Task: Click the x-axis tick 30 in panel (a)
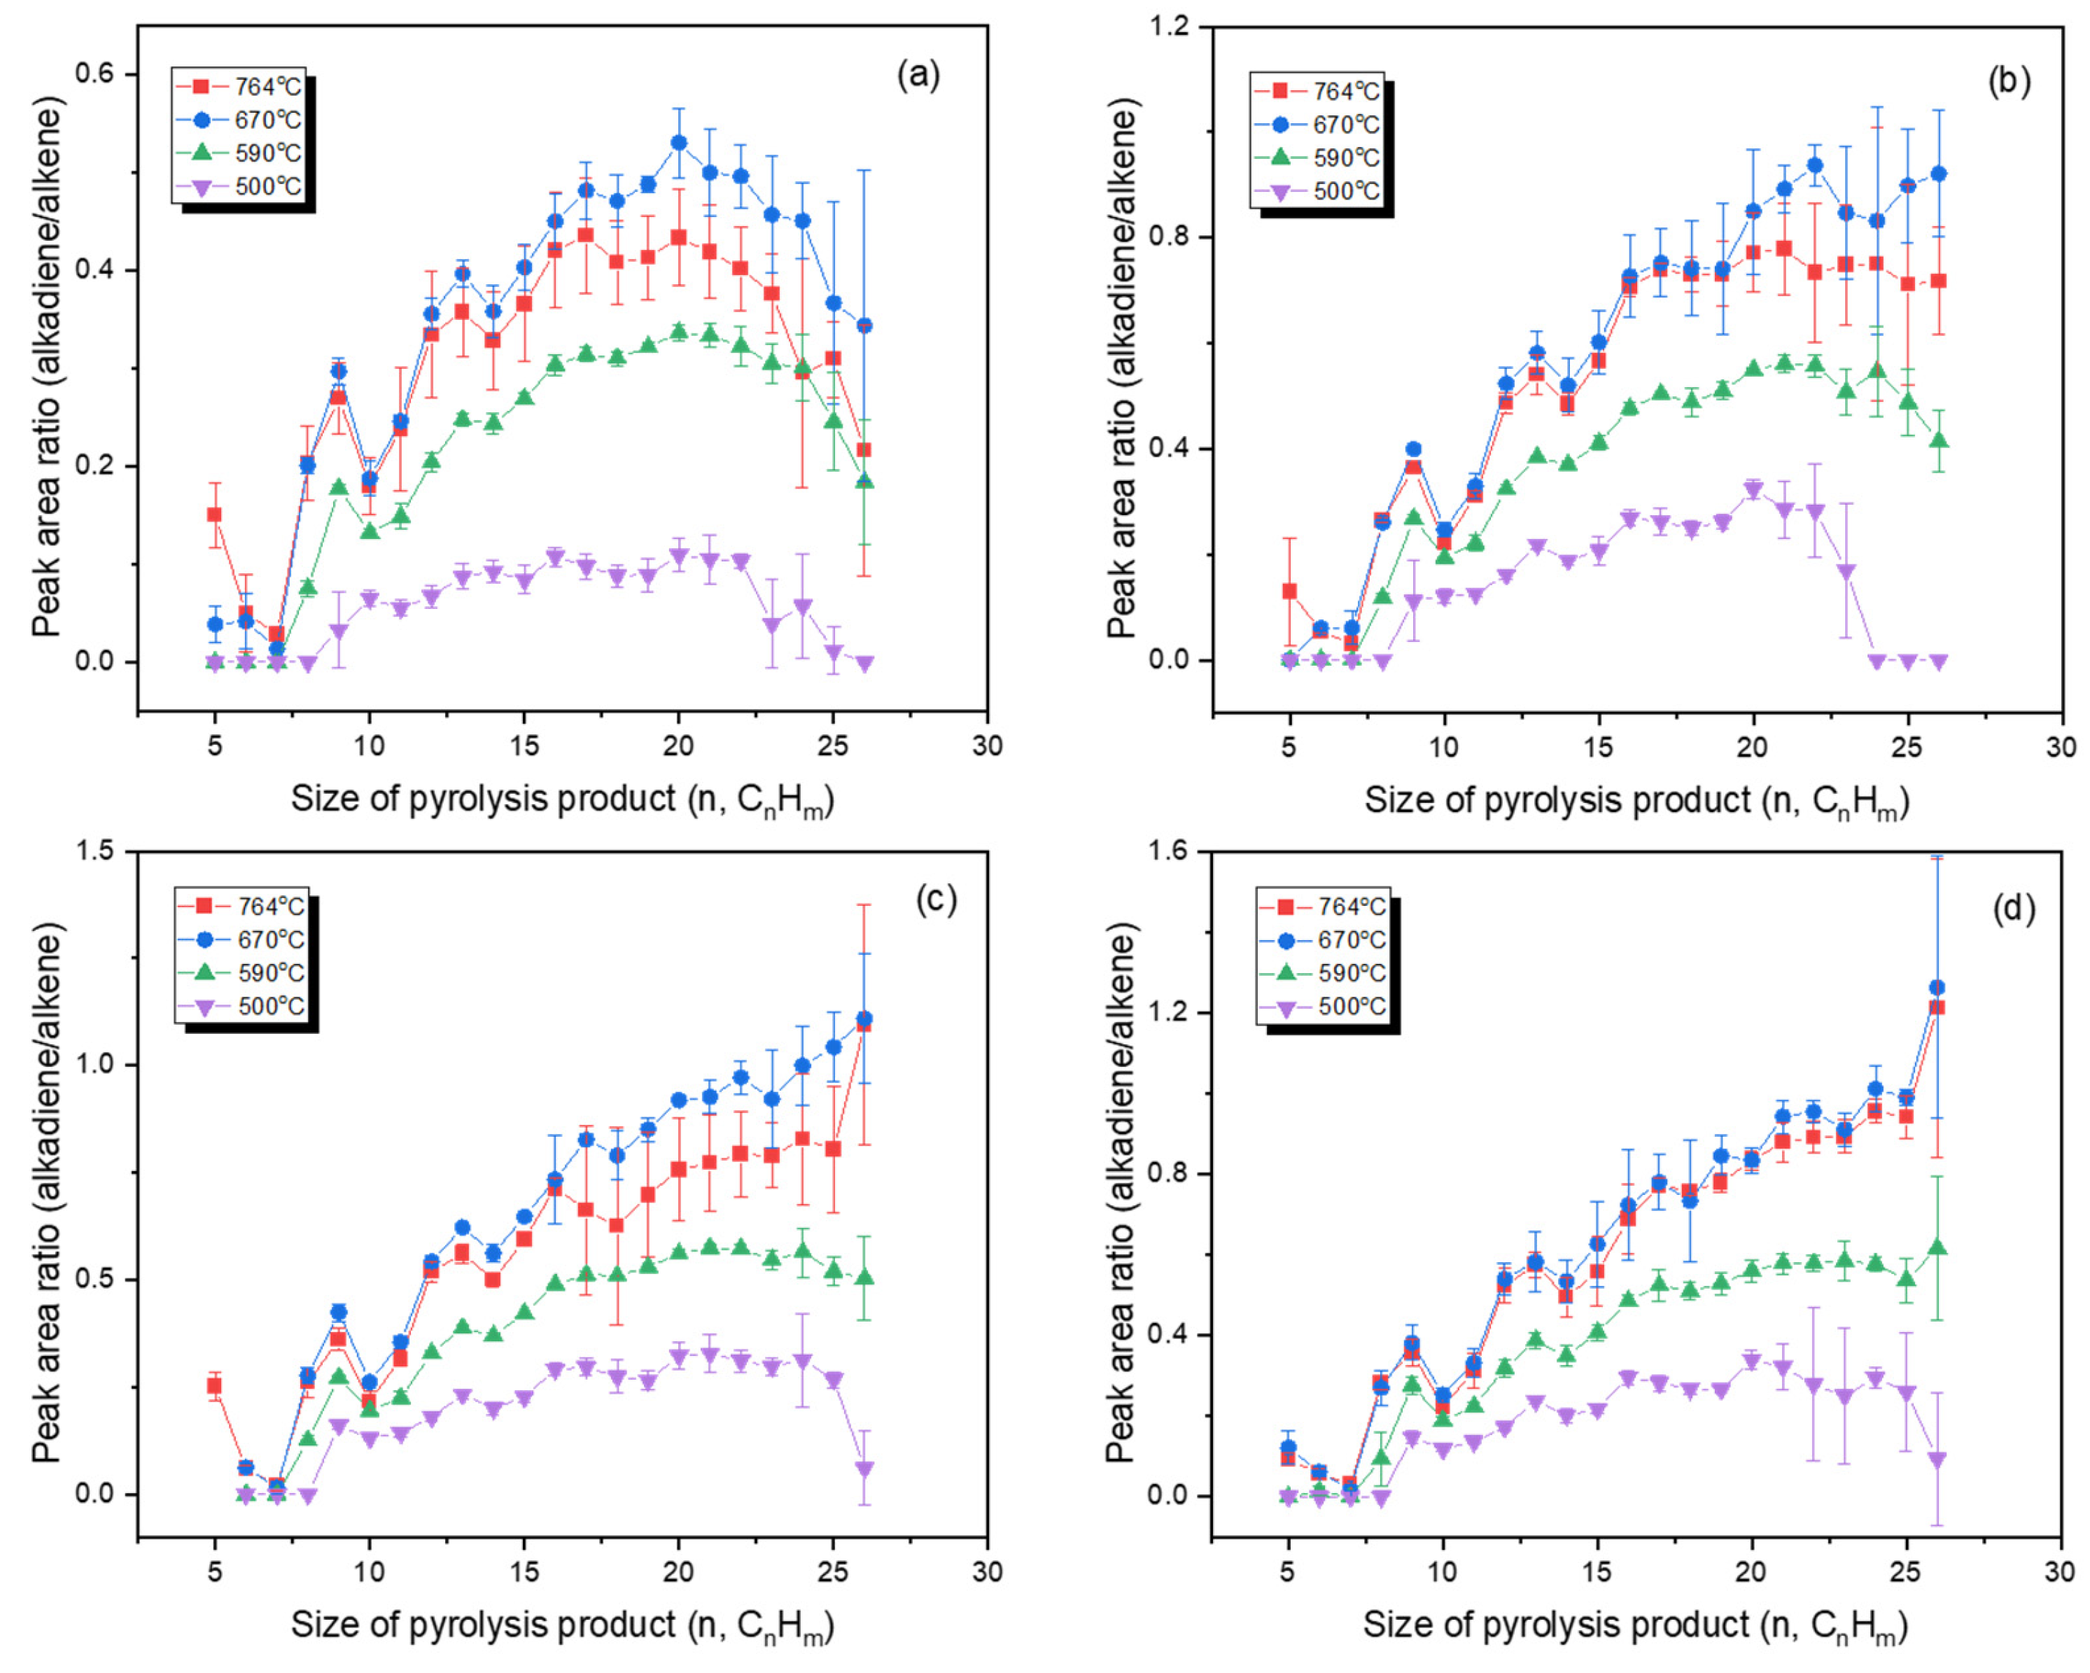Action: coord(987,746)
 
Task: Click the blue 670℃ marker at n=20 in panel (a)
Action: coord(678,143)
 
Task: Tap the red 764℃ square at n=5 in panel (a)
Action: coord(214,514)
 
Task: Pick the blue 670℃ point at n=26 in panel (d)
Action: coord(1936,988)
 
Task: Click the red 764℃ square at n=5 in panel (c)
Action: coord(214,1386)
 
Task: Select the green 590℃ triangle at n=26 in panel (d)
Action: coord(1936,1247)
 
